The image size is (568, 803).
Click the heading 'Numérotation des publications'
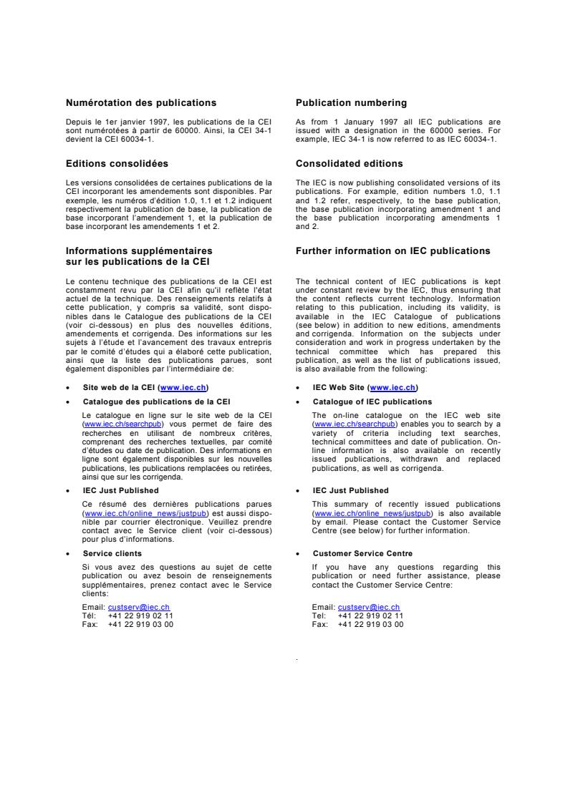coord(141,103)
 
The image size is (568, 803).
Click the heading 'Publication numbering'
coord(351,103)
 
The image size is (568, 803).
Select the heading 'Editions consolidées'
coord(117,164)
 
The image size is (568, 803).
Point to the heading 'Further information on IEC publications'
coord(393,251)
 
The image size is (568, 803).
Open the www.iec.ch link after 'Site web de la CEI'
coord(184,387)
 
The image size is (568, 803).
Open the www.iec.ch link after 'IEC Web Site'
coord(393,387)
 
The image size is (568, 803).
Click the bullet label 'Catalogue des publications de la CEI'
coord(156,402)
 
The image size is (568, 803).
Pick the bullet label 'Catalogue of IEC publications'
coord(372,402)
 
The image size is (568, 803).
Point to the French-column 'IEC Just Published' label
coord(120,490)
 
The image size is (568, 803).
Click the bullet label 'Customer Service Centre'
coord(362,553)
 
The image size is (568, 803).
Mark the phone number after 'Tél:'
coord(140,615)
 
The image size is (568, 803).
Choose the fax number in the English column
coord(370,623)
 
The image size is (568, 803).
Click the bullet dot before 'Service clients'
coord(67,554)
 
